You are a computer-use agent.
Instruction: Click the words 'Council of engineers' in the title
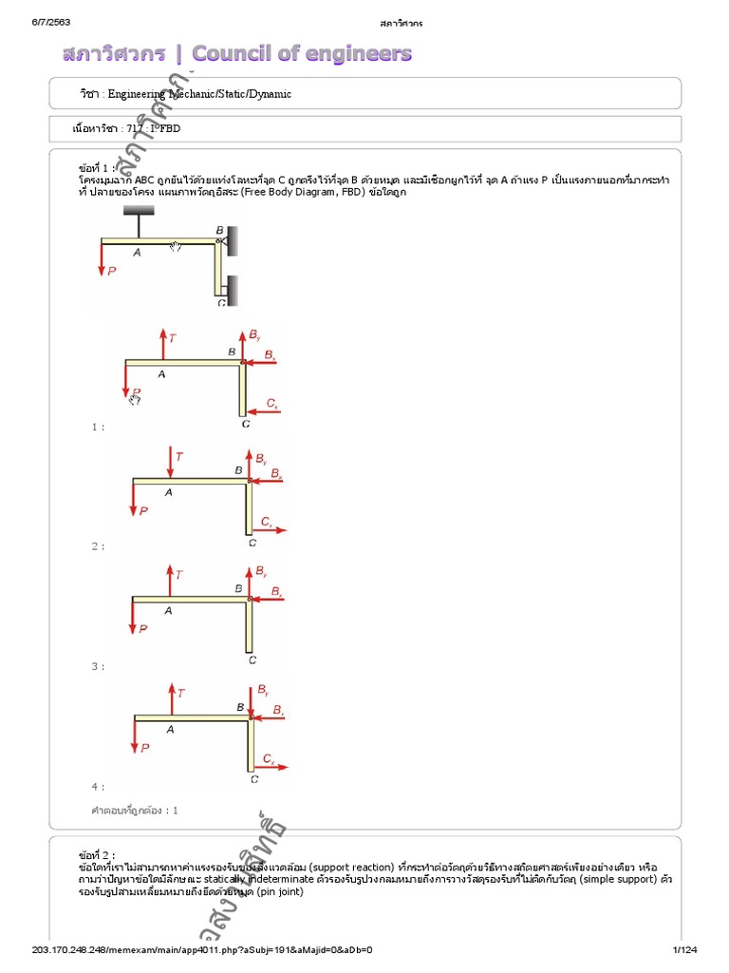click(302, 53)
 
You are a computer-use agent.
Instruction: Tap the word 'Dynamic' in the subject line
click(271, 94)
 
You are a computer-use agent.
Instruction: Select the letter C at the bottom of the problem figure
click(221, 303)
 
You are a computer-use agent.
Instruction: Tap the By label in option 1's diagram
click(254, 335)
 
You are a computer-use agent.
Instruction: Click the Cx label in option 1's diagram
click(271, 403)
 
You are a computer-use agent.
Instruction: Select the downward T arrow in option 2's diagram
click(170, 462)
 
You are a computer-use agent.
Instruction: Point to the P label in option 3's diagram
click(143, 628)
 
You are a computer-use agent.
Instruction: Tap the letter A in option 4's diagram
click(170, 729)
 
